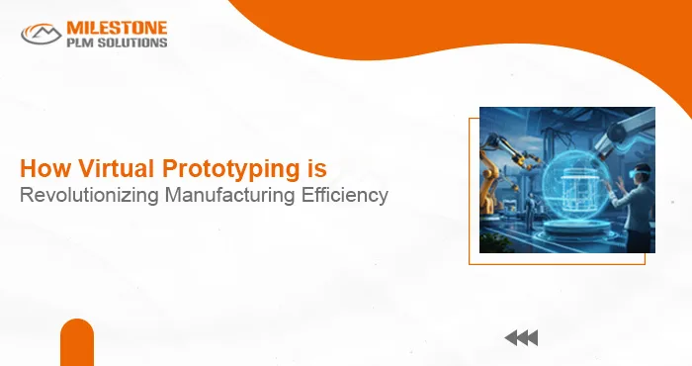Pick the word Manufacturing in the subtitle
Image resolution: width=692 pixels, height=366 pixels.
point(224,195)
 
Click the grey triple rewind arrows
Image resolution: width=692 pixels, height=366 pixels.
point(521,338)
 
